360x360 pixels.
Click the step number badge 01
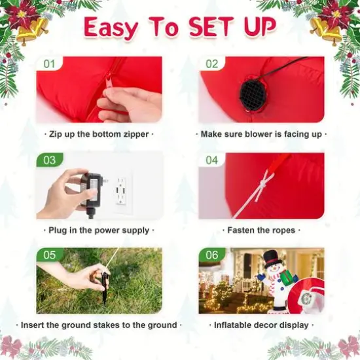50,64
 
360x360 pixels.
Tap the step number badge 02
212,64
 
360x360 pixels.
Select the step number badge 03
50,160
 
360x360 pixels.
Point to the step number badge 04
212,160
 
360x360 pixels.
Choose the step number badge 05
50,255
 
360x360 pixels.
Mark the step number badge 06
212,255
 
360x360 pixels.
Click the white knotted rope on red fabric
264,183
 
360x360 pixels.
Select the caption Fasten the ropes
261,230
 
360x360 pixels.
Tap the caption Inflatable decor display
261,325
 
